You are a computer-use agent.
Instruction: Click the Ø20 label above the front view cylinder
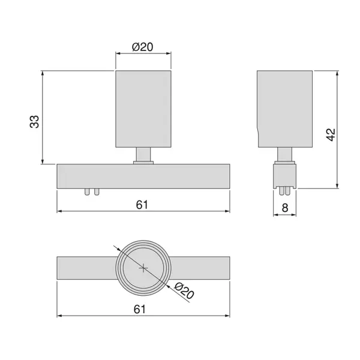pyautogui.click(x=143, y=46)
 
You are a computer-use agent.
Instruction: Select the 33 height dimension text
pyautogui.click(x=35, y=122)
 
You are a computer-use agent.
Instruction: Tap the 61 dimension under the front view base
pyautogui.click(x=142, y=205)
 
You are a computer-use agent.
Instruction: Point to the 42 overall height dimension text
pyautogui.click(x=331, y=134)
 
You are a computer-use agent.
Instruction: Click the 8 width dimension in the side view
pyautogui.click(x=285, y=208)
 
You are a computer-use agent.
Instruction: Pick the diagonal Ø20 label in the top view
pyautogui.click(x=184, y=291)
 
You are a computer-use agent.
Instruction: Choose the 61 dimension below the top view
pyautogui.click(x=140, y=309)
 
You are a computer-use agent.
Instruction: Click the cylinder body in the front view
pyautogui.click(x=143, y=109)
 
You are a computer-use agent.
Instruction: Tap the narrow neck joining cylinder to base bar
pyautogui.click(x=143, y=155)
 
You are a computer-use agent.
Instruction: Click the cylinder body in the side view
pyautogui.click(x=285, y=109)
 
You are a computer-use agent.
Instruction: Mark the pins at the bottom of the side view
pyautogui.click(x=285, y=191)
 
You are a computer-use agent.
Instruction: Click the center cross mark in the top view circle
pyautogui.click(x=143, y=268)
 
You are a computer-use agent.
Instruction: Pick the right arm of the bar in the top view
pyautogui.click(x=201, y=268)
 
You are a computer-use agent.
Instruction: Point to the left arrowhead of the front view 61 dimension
pyautogui.click(x=59, y=211)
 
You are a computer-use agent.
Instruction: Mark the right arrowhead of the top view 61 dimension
pyautogui.click(x=227, y=316)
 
